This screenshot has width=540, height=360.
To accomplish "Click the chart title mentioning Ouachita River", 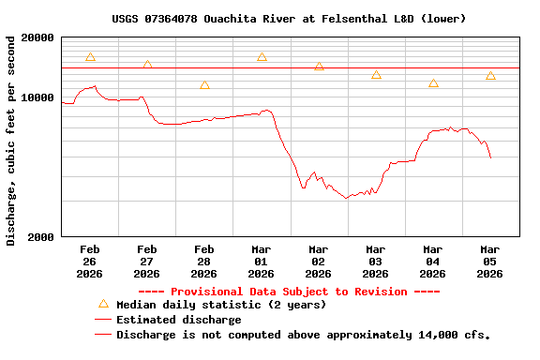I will (289, 18).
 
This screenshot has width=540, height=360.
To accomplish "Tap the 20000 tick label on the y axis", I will (37, 37).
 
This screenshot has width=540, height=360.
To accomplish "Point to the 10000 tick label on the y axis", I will (37, 97).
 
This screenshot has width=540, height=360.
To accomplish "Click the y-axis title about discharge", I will (11, 141).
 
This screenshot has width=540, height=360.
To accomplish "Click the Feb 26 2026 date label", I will (90, 262).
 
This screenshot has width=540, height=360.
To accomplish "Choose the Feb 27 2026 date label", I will (147, 262).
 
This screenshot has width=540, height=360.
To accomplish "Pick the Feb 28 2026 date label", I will (204, 262).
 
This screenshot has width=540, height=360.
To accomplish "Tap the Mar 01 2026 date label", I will (262, 262).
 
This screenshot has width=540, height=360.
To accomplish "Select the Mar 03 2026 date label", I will (376, 262).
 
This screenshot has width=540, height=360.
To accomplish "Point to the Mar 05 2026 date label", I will (490, 262).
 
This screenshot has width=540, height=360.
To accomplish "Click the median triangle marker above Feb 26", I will (90, 57).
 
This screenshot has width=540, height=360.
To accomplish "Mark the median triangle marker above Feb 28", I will (204, 85).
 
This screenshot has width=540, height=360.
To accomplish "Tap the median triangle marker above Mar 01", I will (262, 57).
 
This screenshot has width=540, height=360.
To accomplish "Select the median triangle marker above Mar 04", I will (433, 83).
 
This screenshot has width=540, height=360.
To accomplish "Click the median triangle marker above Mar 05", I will (490, 76).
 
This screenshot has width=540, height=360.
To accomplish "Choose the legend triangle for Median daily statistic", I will (103, 304).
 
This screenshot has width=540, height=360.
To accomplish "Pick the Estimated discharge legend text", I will (178, 320).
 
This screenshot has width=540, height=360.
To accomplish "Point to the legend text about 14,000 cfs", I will (303, 335).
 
